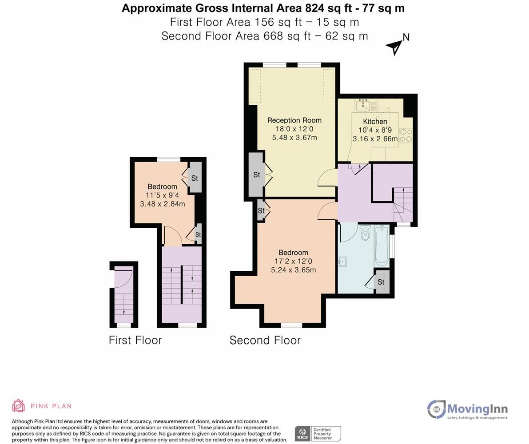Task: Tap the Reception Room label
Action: pyautogui.click(x=294, y=120)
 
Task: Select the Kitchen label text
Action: pyautogui.click(x=375, y=121)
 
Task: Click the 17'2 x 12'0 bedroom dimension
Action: pyautogui.click(x=293, y=261)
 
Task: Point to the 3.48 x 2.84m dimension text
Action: pyautogui.click(x=162, y=204)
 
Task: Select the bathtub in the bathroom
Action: pyautogui.click(x=382, y=245)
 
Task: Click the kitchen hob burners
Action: pyautogui.click(x=406, y=135)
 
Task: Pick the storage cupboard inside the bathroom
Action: pyautogui.click(x=381, y=282)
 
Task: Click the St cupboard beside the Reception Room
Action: pyautogui.click(x=256, y=174)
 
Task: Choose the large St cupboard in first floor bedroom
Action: pyautogui.click(x=195, y=178)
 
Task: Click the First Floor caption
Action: pyautogui.click(x=135, y=340)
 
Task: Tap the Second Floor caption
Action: pyautogui.click(x=265, y=340)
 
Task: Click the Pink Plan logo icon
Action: pyautogui.click(x=18, y=406)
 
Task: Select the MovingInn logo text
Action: pyautogui.click(x=477, y=408)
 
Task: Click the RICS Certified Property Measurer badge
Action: pyautogui.click(x=318, y=433)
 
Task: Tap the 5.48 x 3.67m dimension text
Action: pyautogui.click(x=294, y=138)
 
